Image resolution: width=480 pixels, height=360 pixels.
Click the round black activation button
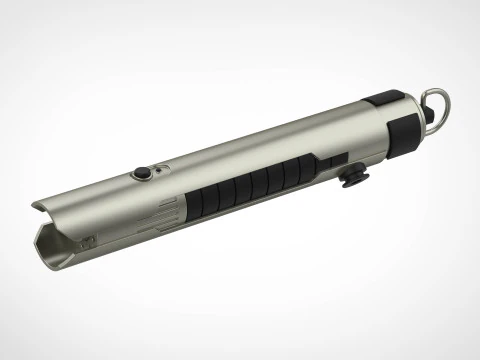click(x=145, y=173)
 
